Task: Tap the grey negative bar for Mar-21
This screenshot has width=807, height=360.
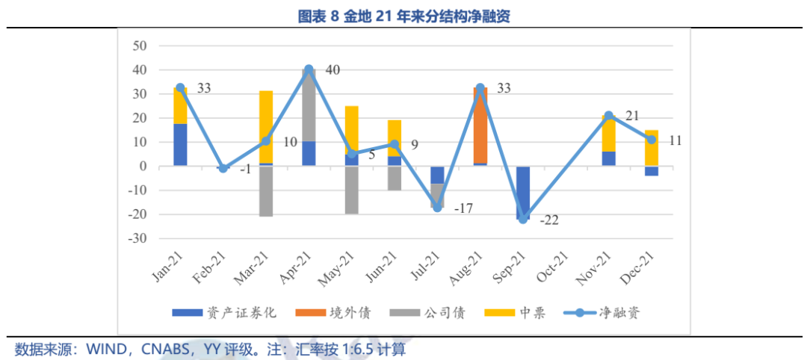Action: [x=266, y=191]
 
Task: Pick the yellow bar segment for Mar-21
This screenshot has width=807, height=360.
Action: [x=266, y=126]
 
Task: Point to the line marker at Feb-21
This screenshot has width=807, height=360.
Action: [x=223, y=169]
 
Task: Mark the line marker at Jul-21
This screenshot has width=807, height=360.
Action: [x=437, y=208]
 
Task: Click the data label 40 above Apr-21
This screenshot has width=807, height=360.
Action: [x=333, y=70]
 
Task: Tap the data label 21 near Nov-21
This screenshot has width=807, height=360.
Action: [x=632, y=116]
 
